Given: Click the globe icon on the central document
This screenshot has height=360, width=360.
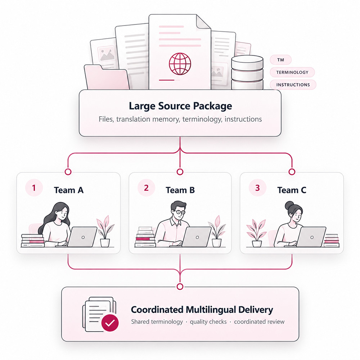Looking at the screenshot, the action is click(180, 64).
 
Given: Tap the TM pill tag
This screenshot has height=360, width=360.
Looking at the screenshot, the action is click(280, 60).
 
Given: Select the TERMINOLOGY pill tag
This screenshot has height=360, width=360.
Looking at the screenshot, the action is click(292, 72).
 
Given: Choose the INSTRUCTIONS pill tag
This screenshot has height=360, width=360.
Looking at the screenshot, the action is click(293, 85).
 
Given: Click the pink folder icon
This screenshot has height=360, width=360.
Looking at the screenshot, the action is click(107, 77).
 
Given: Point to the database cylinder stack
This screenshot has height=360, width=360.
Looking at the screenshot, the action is click(247, 72).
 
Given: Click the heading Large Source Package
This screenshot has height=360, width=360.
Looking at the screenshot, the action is click(180, 106).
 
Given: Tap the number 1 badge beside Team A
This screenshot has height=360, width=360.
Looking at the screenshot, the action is click(34, 188).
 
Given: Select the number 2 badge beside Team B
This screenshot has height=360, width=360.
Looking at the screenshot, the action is click(146, 188).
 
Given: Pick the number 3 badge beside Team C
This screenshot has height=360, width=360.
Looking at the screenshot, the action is click(258, 188).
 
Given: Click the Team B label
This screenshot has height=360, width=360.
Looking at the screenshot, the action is click(180, 190).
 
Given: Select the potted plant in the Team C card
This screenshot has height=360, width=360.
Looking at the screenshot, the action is click(256, 233).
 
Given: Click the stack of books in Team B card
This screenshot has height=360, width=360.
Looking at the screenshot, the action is click(145, 237).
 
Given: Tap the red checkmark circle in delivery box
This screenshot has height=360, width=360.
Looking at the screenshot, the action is click(110, 323).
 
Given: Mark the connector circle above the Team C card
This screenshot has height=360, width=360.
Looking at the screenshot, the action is click(292, 172).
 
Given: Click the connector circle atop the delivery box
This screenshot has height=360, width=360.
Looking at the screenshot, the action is click(180, 287).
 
